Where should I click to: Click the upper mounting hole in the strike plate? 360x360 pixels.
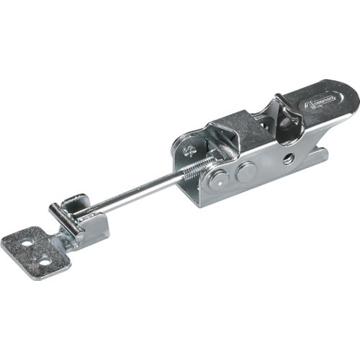pos(27,244)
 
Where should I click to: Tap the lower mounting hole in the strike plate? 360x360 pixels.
pos(45,261)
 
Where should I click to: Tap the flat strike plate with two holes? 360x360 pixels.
pos(36,252)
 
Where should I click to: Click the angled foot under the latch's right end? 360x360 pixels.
pos(317,156)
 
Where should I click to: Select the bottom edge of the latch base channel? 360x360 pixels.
pos(245,199)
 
